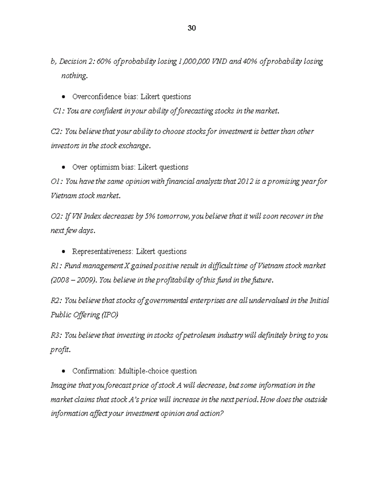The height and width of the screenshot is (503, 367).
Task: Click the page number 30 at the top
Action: pos(191,28)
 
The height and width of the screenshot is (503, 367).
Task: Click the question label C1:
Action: pos(59,111)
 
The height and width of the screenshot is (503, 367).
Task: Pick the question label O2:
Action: pos(57,216)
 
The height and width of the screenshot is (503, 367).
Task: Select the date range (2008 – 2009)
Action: pos(73,280)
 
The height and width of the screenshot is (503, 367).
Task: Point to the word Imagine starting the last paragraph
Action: pos(63,385)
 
